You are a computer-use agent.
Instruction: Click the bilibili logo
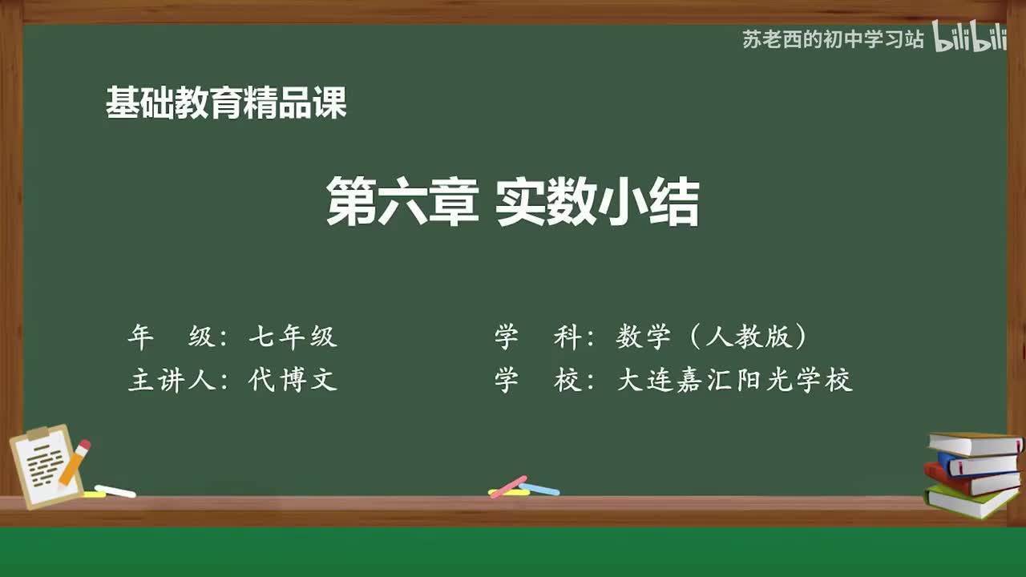[969, 38]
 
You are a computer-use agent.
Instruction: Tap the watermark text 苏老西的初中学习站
[833, 39]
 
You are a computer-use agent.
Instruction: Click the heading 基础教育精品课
[226, 103]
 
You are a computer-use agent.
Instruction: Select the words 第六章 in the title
[402, 203]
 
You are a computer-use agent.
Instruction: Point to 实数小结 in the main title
[597, 203]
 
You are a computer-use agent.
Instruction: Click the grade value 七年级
[293, 337]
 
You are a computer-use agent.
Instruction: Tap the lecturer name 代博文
[293, 379]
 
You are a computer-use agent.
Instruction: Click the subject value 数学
[643, 337]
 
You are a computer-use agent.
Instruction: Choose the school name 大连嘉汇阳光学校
[734, 379]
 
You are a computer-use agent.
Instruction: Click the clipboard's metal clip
[38, 434]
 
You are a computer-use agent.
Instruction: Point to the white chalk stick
[115, 490]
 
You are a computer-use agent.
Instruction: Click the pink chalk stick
[508, 486]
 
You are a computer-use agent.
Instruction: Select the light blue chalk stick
[539, 489]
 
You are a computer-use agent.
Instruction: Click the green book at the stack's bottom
[970, 502]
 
